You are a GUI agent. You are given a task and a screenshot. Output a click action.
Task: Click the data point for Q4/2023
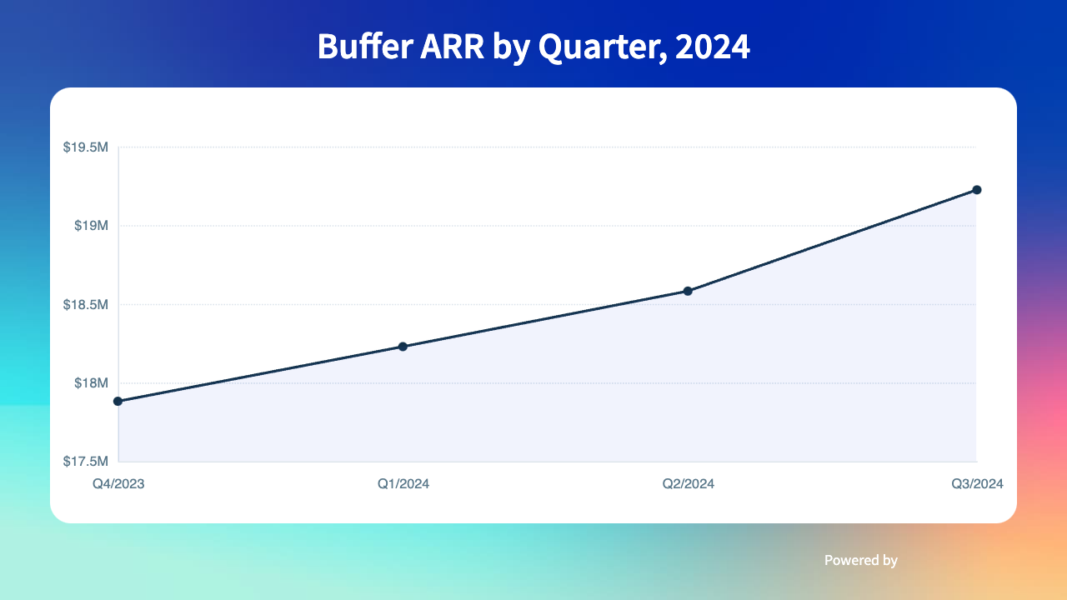pos(118,402)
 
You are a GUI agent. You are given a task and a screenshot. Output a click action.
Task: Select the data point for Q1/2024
pos(403,347)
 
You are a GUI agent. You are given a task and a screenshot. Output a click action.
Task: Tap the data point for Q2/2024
pos(688,291)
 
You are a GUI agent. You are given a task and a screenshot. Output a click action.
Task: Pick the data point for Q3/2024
pos(976,190)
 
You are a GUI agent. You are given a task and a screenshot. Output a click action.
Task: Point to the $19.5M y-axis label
pos(86,147)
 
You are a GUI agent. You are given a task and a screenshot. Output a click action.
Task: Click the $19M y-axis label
pos(91,226)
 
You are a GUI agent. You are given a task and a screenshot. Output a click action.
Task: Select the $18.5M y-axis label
pos(86,304)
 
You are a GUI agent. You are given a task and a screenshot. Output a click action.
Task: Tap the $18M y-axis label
pos(91,382)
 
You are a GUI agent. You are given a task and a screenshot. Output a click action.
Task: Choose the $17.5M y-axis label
pos(86,461)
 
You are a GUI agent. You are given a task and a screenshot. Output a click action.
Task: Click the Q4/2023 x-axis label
pos(118,484)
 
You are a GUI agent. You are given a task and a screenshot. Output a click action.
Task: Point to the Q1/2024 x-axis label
pos(403,484)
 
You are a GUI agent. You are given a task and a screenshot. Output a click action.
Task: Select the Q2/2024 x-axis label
pos(688,484)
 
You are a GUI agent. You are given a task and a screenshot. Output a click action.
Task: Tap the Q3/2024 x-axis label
pos(977,484)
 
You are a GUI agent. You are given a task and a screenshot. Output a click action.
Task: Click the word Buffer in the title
pos(365,47)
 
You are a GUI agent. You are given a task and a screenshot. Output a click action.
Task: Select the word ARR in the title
pos(452,47)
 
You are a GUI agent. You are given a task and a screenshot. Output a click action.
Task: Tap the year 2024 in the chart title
pos(712,47)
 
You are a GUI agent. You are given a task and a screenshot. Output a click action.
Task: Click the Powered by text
pos(861,561)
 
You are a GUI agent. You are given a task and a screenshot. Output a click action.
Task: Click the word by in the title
pos(511,48)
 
